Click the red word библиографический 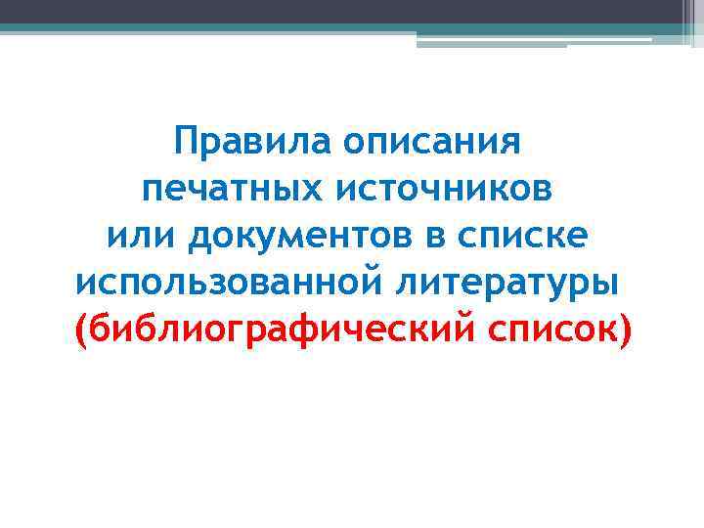[x=277, y=330]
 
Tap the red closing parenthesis [x=625, y=331]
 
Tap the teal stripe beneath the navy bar [x=293, y=29]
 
